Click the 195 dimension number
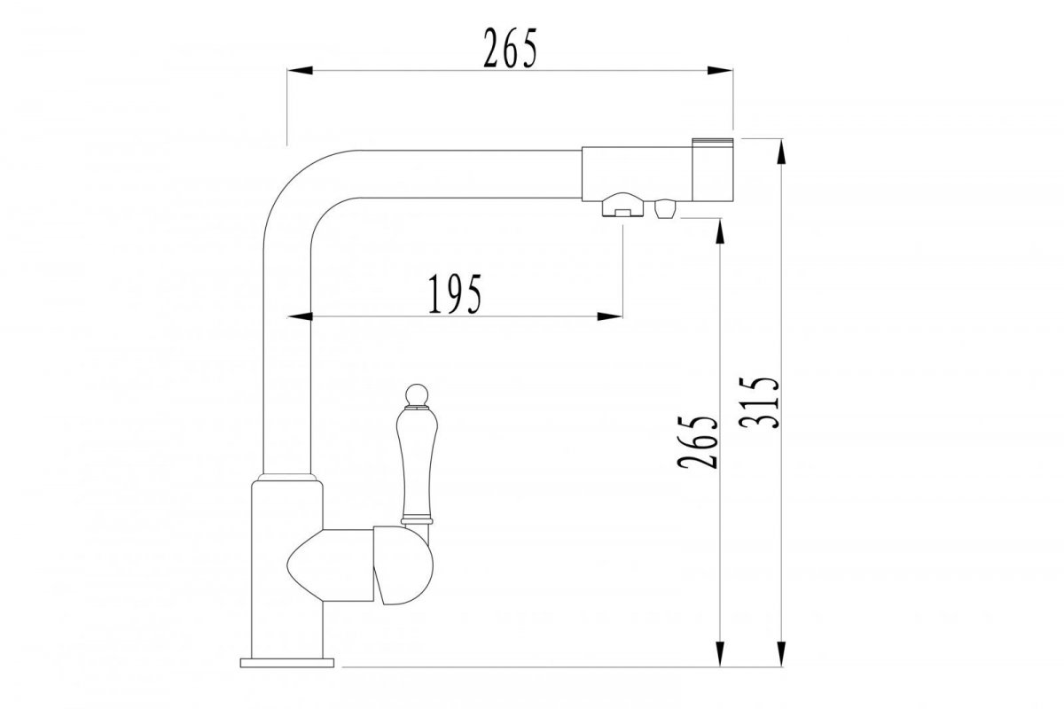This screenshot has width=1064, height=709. [x=455, y=294]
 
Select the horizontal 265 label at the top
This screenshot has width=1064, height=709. [x=510, y=48]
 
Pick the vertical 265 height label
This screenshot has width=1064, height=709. [x=697, y=442]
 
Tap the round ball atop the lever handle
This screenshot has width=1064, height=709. [x=418, y=395]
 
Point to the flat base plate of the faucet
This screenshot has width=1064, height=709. [x=287, y=662]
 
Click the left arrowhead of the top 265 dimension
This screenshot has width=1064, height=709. [x=300, y=70]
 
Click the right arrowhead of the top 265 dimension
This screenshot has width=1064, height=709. [x=720, y=70]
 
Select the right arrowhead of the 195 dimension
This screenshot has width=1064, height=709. [x=610, y=316]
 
